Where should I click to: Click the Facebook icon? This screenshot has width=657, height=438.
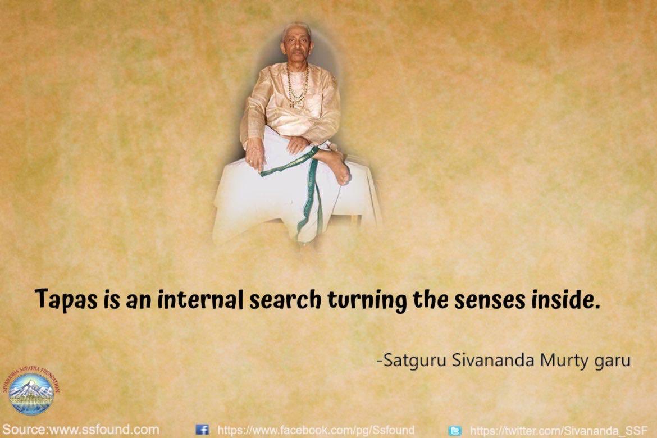(202, 430)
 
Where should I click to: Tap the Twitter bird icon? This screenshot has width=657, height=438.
(455, 430)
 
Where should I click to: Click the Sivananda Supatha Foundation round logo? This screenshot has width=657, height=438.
(31, 391)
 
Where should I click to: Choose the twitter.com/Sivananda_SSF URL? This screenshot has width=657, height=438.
(558, 430)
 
